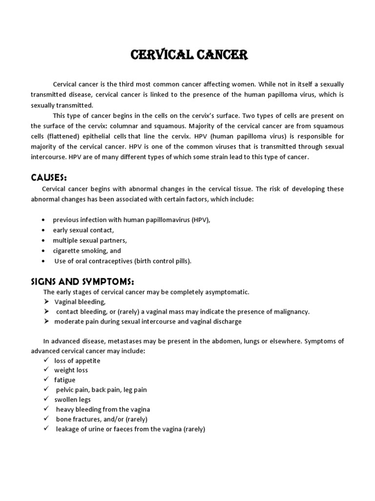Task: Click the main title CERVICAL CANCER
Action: pos(189,55)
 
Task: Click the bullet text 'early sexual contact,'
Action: pos(84,230)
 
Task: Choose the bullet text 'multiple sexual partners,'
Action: pos(90,240)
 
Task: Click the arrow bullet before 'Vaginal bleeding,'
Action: pos(45,302)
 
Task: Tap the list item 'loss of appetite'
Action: pos(77,361)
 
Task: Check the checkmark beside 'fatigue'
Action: pos(45,380)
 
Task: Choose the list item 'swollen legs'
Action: pos(72,400)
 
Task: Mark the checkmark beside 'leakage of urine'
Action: pos(45,429)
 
